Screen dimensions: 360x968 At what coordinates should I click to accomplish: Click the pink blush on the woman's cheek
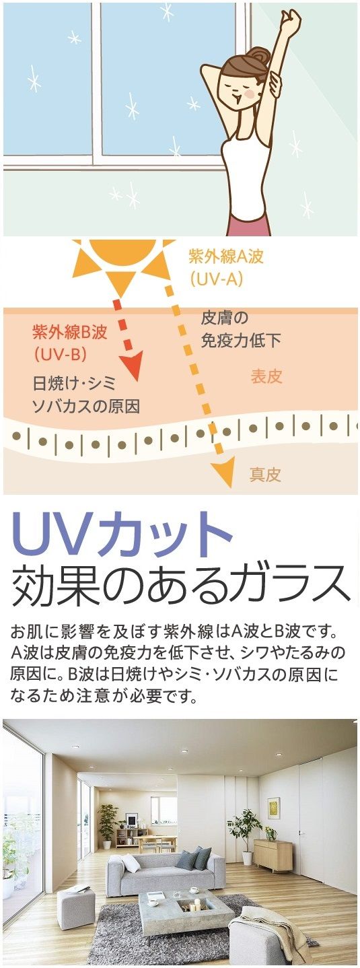click(250, 92)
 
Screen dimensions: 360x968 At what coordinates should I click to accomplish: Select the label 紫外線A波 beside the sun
click(225, 257)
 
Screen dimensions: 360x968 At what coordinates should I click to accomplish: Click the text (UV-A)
click(216, 279)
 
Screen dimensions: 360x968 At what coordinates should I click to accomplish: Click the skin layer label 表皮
click(266, 376)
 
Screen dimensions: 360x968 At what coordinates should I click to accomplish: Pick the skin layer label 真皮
click(265, 475)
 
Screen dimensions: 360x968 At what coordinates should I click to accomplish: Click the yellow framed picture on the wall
click(274, 808)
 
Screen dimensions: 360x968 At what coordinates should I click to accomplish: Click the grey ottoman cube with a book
click(76, 902)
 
